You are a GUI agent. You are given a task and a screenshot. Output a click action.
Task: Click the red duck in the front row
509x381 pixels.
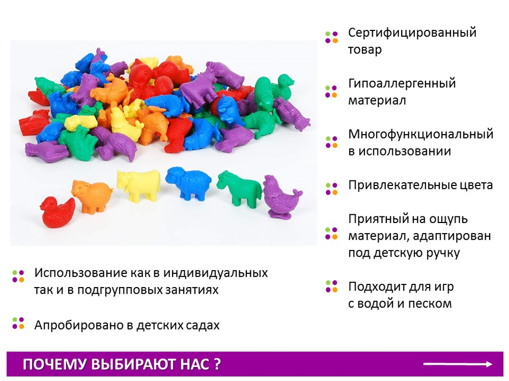click(x=58, y=212)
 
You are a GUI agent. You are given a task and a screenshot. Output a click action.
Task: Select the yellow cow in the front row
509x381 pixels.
click(x=138, y=185)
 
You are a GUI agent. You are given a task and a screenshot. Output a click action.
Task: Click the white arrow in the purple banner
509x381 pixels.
click(x=458, y=364)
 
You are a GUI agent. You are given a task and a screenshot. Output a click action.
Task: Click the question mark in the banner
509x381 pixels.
click(x=217, y=364)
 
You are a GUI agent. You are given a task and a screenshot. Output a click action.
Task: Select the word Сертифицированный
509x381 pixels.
click(x=412, y=33)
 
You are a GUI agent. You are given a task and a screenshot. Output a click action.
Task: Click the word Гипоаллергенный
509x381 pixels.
click(x=402, y=84)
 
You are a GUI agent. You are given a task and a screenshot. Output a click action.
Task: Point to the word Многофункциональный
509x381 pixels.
click(x=421, y=135)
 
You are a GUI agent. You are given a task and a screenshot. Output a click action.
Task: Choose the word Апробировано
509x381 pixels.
click(x=83, y=325)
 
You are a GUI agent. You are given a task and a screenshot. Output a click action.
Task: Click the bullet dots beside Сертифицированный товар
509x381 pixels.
click(x=331, y=37)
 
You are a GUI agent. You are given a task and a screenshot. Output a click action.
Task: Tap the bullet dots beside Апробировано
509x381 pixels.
click(x=18, y=323)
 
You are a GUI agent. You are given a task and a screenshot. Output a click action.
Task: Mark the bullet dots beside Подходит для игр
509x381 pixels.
click(x=331, y=287)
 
